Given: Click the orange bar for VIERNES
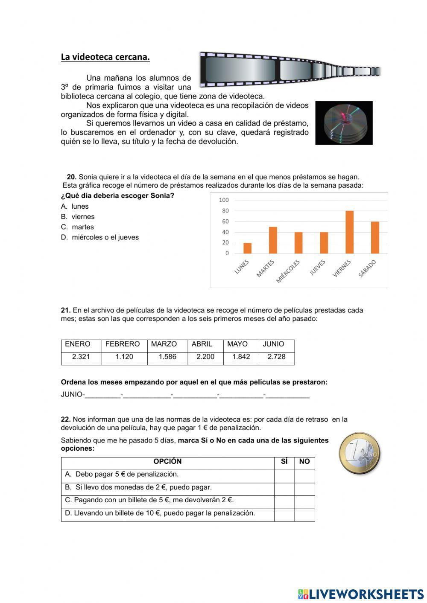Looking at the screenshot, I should (x=349, y=232).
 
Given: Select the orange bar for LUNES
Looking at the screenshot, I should (x=247, y=248).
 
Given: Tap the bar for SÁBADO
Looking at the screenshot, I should (x=375, y=238).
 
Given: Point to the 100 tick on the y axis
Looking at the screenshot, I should (x=224, y=200).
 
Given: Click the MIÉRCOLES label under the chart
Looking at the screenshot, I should (x=288, y=271).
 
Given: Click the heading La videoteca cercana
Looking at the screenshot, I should (x=105, y=57).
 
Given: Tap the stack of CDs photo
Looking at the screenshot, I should (x=344, y=123).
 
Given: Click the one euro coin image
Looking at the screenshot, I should (x=360, y=454).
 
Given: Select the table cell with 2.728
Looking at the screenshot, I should (x=276, y=357).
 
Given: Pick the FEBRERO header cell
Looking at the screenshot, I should (x=123, y=344).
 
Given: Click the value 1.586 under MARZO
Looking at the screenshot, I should (x=167, y=357).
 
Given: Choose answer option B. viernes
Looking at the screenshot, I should (x=78, y=217).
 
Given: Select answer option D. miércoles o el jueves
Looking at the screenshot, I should (x=100, y=237).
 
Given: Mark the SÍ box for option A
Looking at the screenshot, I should (x=284, y=476).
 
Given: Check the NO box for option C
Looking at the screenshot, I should (x=304, y=502).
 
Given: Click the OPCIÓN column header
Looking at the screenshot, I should (x=167, y=461).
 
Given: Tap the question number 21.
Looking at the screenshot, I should (x=66, y=310).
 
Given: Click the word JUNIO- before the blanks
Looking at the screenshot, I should (x=73, y=394).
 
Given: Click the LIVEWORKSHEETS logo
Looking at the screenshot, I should (x=361, y=594).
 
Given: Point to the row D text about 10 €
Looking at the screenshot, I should (x=160, y=513).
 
